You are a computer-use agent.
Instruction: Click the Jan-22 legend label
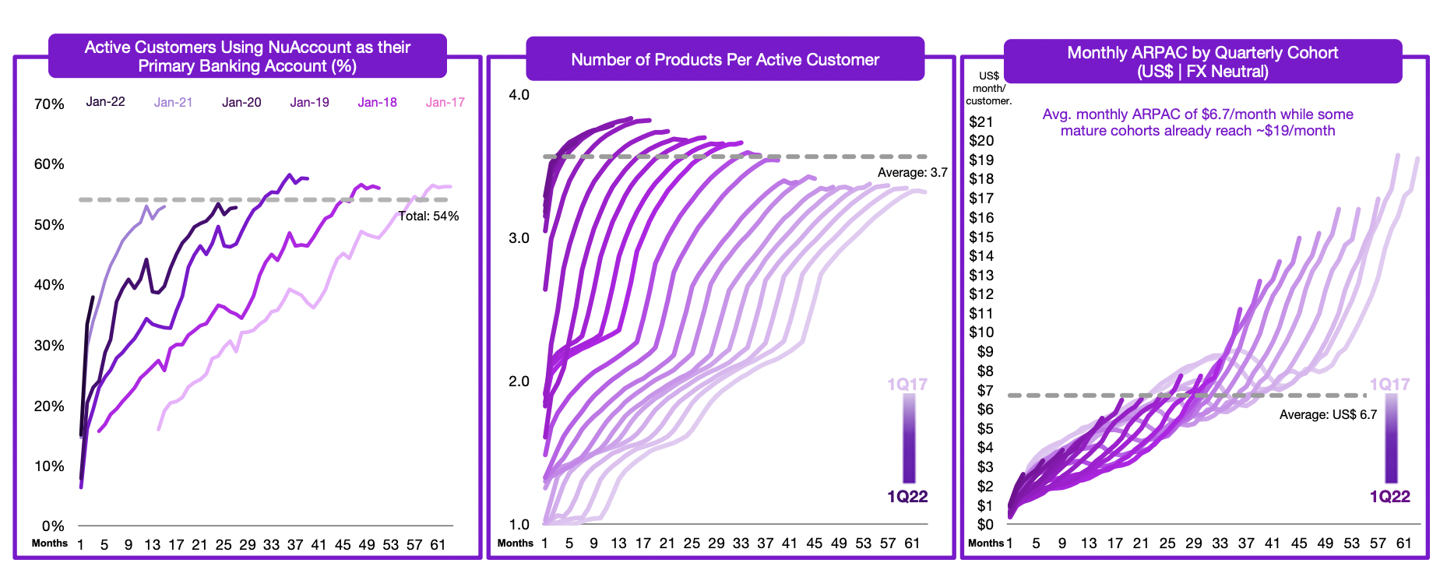coord(105,102)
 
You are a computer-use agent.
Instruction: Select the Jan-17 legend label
coord(445,102)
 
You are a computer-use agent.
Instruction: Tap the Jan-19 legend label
coord(309,102)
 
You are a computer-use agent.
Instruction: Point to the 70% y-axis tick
coord(49,104)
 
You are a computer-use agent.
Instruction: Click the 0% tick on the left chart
coord(53,526)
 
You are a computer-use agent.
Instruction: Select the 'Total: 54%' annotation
coord(428,216)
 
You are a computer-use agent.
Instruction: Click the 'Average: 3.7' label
coord(912,173)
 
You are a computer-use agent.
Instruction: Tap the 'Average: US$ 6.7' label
coord(1328,415)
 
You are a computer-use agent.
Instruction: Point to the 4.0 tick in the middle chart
coord(519,95)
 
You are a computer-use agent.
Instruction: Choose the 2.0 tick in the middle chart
coord(519,382)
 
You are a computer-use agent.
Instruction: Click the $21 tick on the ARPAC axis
coord(981,122)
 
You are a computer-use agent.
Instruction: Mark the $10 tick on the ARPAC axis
coord(981,332)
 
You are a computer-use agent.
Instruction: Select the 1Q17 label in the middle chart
coord(907,385)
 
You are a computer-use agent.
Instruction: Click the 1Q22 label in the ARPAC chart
coord(1390,497)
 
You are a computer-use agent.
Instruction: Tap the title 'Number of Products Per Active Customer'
coord(725,60)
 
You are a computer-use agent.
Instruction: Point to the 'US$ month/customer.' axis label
coord(988,88)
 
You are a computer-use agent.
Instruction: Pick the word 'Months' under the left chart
coord(50,544)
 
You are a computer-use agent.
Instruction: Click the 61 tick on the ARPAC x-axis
coord(1404,544)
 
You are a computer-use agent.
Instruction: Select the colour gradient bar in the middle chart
coord(909,438)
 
